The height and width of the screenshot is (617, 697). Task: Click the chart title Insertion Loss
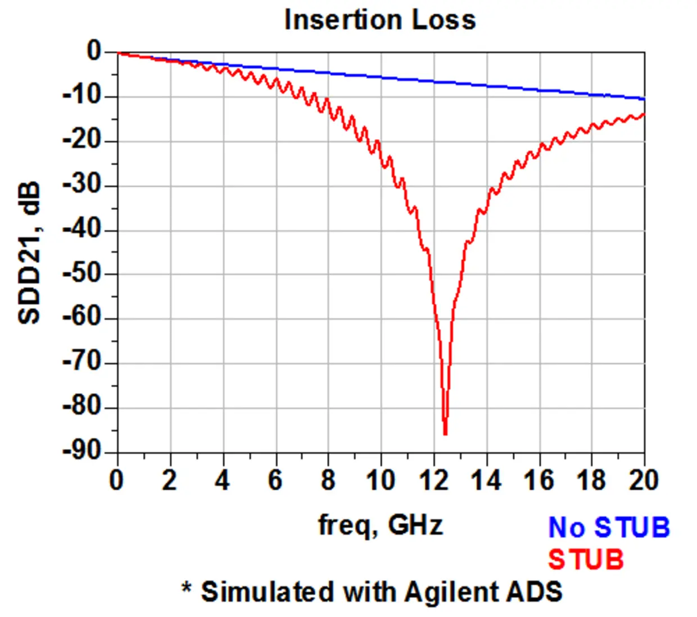380,20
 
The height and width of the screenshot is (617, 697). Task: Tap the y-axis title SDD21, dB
30,253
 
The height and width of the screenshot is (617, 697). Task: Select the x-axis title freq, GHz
381,525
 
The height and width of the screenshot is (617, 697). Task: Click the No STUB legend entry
609,528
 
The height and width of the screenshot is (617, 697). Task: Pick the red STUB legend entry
586,560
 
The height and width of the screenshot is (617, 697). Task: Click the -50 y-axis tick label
82,274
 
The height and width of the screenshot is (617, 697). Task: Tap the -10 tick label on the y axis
82,96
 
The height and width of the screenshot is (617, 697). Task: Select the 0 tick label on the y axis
94,52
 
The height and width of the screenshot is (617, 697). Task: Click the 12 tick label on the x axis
433,481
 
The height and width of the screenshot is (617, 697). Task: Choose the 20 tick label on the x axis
644,481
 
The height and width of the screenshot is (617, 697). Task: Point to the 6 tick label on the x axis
275,481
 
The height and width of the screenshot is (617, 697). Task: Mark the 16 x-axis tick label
538,481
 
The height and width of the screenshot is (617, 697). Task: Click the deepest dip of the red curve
445,433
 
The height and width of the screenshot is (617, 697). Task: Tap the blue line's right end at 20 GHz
644,99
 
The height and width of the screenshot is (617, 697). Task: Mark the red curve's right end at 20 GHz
644,114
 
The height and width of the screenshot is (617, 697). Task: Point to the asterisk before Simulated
187,588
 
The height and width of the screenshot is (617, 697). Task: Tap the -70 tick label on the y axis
82,363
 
